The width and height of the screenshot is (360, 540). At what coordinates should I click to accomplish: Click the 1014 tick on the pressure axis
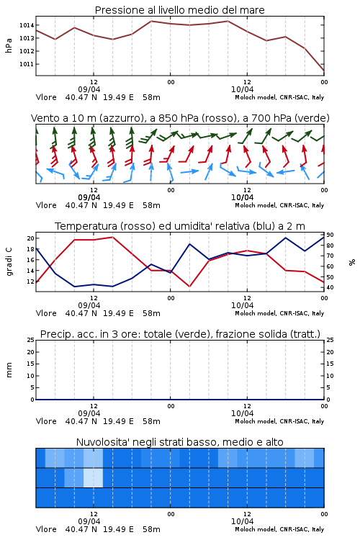[x=27, y=25]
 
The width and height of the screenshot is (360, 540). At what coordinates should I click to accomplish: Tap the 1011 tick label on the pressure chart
[x=27, y=64]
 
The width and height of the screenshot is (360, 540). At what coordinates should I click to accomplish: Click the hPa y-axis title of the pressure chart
[x=9, y=45]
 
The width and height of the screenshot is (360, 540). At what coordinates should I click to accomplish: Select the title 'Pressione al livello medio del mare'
[x=179, y=10]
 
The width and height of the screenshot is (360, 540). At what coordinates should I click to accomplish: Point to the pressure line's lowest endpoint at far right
[x=324, y=71]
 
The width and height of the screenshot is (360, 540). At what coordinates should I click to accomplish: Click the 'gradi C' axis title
[x=9, y=261]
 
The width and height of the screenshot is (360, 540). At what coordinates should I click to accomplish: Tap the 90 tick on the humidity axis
[x=330, y=235]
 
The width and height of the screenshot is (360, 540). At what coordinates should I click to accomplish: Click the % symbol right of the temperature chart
[x=352, y=262]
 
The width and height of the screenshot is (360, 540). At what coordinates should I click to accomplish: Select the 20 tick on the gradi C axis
[x=31, y=238]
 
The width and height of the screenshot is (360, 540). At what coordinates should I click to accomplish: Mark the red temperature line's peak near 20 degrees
[x=112, y=237]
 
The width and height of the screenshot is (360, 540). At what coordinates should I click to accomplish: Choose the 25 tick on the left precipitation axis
[x=31, y=340]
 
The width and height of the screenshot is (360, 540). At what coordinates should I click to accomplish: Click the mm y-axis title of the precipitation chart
[x=9, y=370]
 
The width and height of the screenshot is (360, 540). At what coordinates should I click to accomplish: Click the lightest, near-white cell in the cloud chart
[x=94, y=477]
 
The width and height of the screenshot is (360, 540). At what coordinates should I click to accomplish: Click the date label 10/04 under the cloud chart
[x=242, y=521]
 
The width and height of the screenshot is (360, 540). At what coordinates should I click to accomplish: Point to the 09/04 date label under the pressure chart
[x=89, y=89]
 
